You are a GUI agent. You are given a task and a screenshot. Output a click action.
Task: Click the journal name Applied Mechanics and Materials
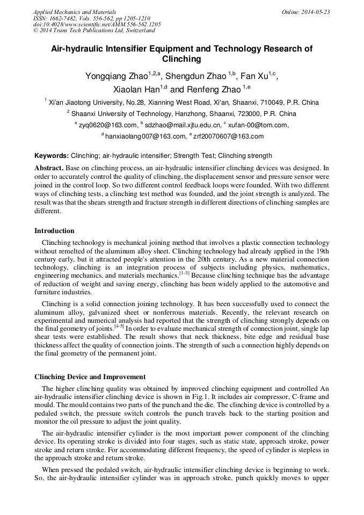[74, 11]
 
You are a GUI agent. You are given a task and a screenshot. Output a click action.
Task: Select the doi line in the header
[97, 24]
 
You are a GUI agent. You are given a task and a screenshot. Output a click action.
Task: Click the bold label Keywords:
[52, 156]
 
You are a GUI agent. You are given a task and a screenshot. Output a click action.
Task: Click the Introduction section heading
[54, 231]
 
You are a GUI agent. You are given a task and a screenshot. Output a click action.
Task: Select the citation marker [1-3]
[184, 273]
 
